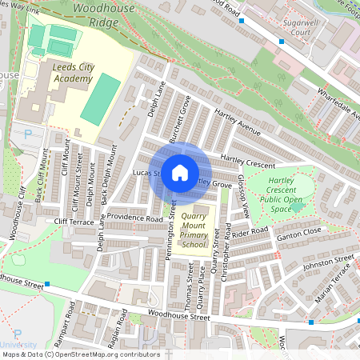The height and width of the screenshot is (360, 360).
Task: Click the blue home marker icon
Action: point(180,173)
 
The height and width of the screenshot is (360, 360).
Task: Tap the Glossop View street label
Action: point(243,196)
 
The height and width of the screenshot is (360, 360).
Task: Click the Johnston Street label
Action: point(328,262)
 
